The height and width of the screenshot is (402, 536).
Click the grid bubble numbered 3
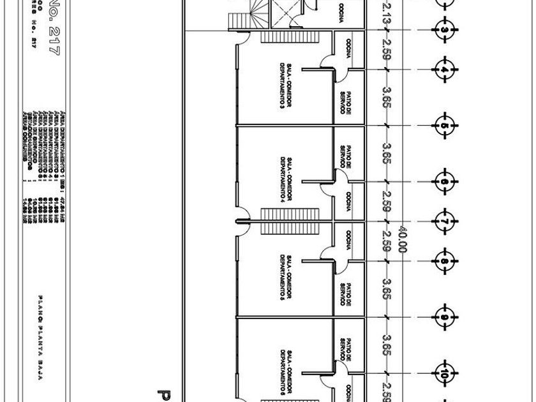pos(445,30)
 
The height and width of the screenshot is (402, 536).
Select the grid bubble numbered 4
pos(445,69)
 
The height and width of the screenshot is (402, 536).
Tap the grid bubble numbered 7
pos(445,221)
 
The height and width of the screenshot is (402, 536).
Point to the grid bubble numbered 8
pos(445,260)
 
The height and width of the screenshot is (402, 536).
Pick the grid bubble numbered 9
pos(445,316)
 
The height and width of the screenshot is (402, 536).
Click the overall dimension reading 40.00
pos(403,239)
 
